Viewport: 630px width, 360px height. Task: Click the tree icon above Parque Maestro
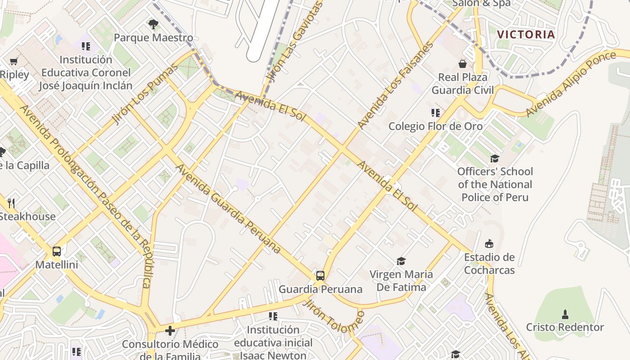(153, 24)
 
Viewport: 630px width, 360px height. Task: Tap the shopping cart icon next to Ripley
(13, 61)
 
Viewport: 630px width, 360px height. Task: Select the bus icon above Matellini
(57, 251)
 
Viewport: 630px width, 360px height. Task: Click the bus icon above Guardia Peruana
(320, 275)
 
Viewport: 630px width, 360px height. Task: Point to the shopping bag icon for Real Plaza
(462, 64)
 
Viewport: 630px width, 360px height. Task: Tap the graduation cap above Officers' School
(495, 158)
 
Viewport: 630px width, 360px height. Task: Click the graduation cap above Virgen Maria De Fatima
(401, 261)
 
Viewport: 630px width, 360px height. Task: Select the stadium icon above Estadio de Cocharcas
(489, 244)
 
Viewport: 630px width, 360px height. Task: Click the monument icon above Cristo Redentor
(565, 314)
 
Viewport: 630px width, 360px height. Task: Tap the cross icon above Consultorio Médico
(170, 331)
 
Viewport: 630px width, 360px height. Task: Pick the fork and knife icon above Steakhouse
(12, 203)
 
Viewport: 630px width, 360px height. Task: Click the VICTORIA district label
(526, 34)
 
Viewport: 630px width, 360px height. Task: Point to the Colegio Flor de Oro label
(435, 126)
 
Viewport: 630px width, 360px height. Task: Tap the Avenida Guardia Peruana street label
(228, 209)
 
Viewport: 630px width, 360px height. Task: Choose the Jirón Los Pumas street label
(144, 94)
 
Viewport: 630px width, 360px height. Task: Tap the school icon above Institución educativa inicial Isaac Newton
(273, 316)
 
